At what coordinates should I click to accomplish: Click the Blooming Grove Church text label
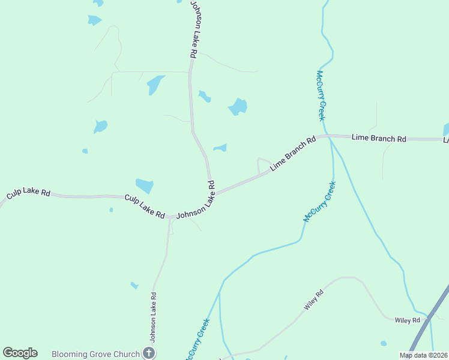[x=95, y=354]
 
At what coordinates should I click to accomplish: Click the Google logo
[x=20, y=353]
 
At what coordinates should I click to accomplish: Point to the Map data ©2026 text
[x=423, y=355]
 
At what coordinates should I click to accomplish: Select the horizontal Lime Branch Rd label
[x=379, y=138]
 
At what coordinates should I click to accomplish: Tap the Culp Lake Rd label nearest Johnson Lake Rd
[x=145, y=206]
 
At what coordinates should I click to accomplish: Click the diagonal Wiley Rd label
[x=313, y=300]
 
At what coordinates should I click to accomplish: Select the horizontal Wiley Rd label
[x=407, y=320]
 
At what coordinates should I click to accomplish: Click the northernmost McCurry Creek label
[x=321, y=96]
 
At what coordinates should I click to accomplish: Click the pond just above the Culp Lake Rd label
[x=145, y=185]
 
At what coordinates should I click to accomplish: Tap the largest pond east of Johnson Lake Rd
[x=238, y=107]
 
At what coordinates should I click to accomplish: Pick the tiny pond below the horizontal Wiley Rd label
[x=384, y=344]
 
